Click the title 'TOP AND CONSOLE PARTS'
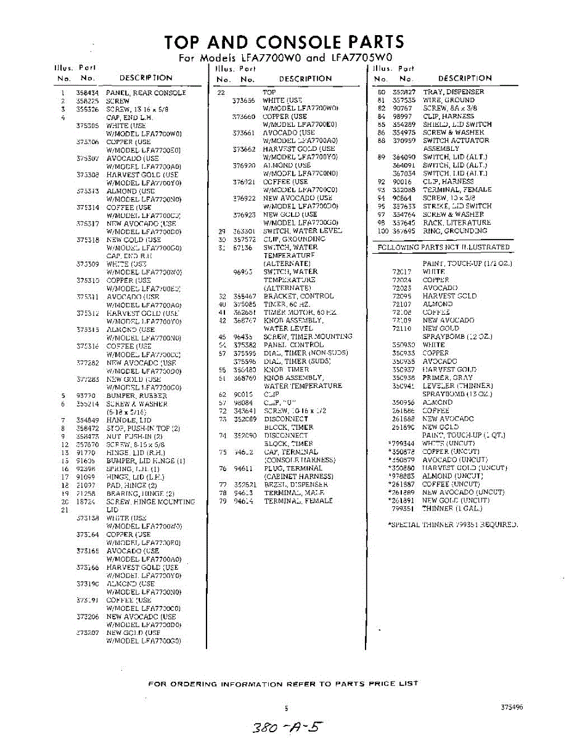pyautogui.click(x=284, y=42)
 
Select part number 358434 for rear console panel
pyautogui.click(x=88, y=93)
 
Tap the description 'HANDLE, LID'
pyautogui.click(x=129, y=420)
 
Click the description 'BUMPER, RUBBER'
pyautogui.click(x=136, y=396)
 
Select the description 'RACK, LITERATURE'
pyautogui.click(x=457, y=222)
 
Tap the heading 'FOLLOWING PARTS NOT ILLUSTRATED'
pyautogui.click(x=443, y=247)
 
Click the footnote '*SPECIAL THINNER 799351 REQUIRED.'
pyautogui.click(x=452, y=525)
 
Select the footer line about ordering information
pyautogui.click(x=284, y=684)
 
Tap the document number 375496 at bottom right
pyautogui.click(x=512, y=707)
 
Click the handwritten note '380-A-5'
pyautogui.click(x=287, y=727)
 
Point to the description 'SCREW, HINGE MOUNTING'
pyautogui.click(x=150, y=502)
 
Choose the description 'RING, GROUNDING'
pyautogui.click(x=455, y=231)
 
